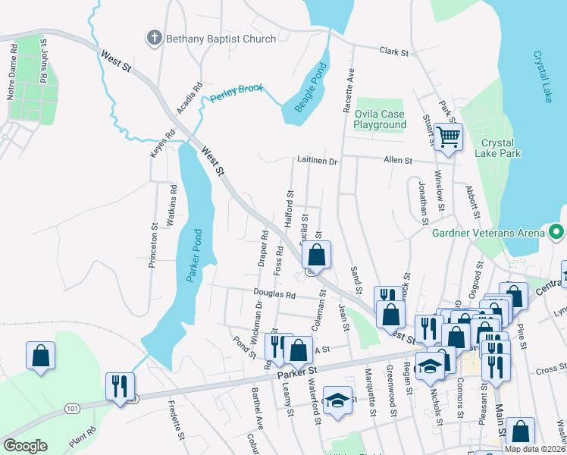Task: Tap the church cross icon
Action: pos(154,37)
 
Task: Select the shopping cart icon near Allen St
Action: pos(448,138)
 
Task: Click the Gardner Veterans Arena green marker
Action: pos(558,231)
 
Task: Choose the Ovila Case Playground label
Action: pos(381,119)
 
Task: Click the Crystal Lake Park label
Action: pos(498,148)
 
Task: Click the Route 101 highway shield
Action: pos(73,409)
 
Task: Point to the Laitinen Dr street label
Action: pos(316,161)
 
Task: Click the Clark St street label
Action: pos(394,52)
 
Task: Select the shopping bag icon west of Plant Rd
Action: pos(40,355)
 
